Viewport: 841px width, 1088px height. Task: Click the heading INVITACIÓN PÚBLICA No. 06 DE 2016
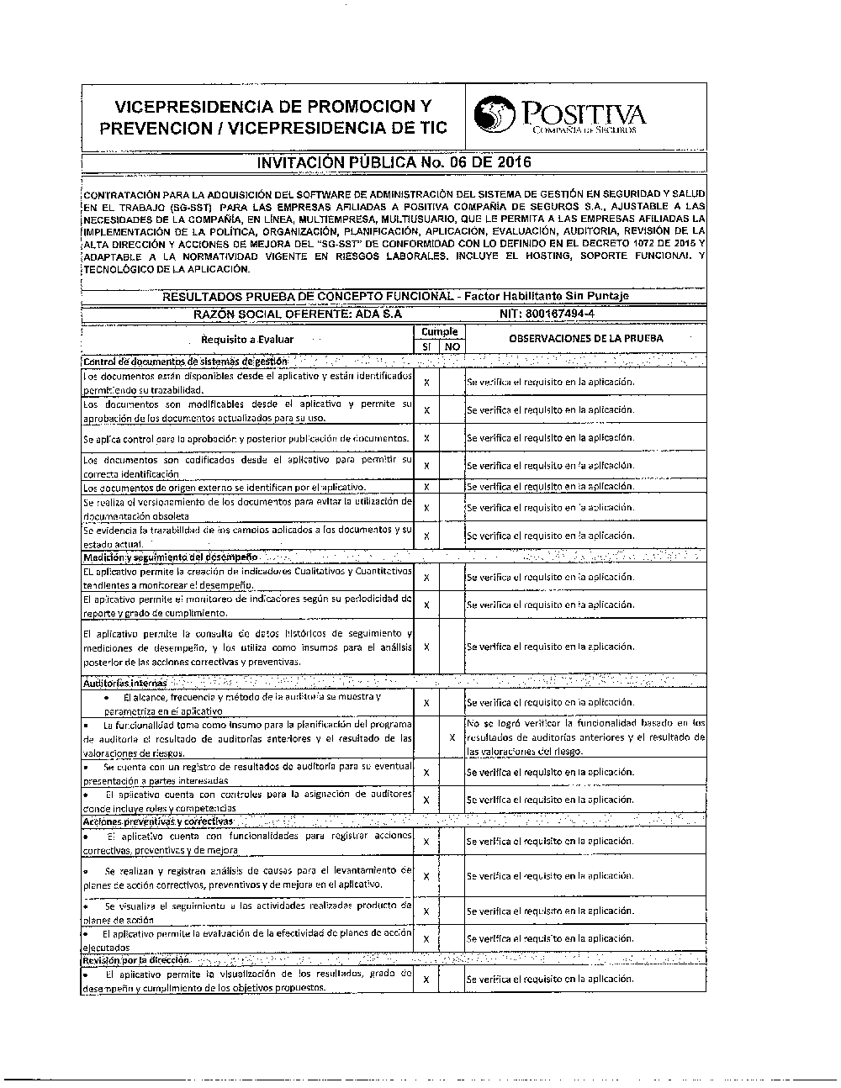tap(394, 162)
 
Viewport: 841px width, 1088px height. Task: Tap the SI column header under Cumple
tap(426, 346)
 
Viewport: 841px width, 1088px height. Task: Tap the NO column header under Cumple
tap(452, 346)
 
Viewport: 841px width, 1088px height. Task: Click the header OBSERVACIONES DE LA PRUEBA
tap(585, 338)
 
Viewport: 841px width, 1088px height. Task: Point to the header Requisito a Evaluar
tap(247, 339)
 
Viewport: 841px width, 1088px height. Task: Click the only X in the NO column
tap(452, 737)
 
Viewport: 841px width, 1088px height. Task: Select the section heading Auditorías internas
tap(124, 683)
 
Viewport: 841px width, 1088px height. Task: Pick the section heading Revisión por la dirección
tap(136, 959)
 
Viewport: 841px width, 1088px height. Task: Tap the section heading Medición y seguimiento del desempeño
tap(172, 557)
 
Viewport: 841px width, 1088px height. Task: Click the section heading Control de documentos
tap(185, 361)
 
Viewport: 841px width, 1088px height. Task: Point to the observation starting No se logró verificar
tap(585, 737)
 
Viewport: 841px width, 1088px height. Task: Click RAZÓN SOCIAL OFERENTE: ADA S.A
tap(299, 313)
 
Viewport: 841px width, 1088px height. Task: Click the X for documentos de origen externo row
tap(426, 487)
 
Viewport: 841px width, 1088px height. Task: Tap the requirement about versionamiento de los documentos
tap(247, 508)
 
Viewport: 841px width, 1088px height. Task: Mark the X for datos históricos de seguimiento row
tap(426, 647)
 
